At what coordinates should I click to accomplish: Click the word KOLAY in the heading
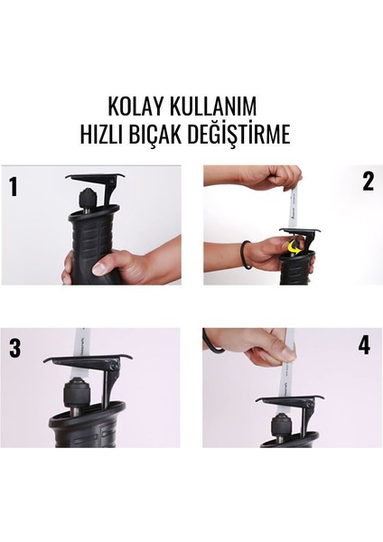[136, 107]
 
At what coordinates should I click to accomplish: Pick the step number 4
[364, 344]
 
